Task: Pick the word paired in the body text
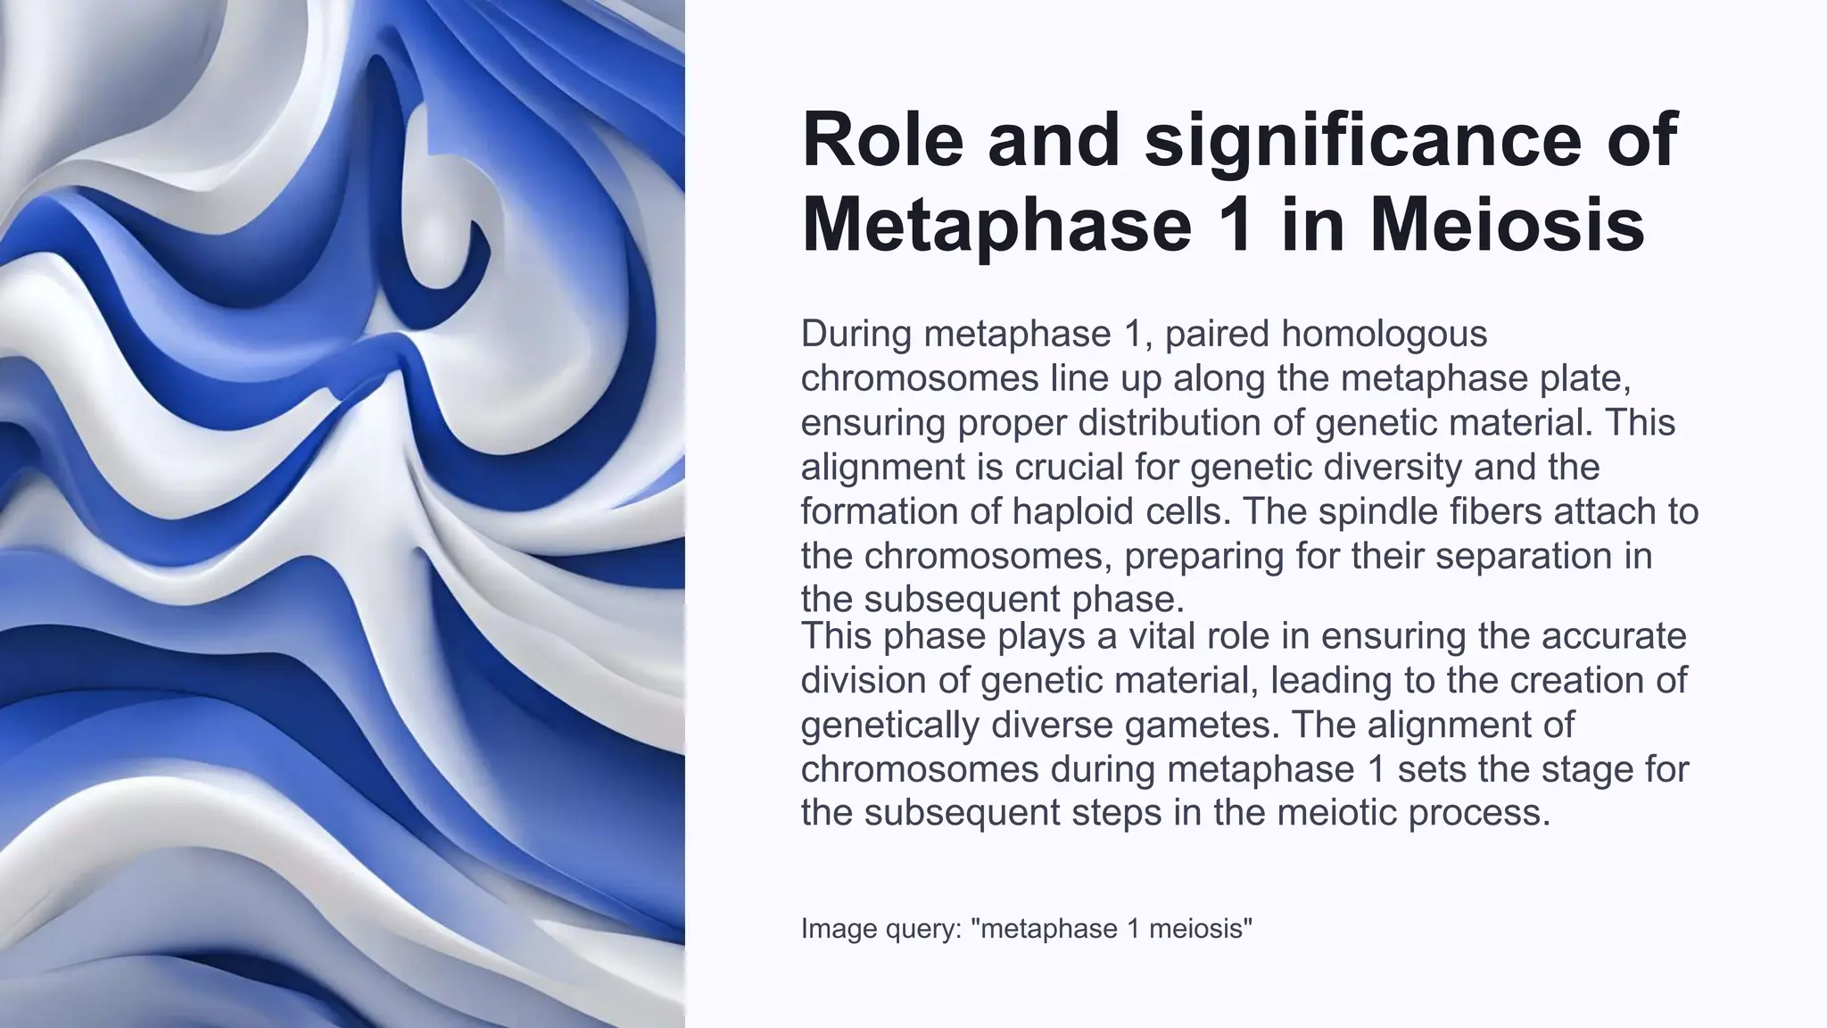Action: (x=1217, y=334)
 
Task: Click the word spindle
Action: (x=1369, y=511)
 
